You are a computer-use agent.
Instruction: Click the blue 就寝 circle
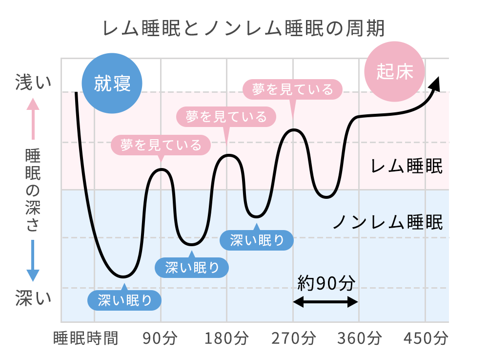(112, 84)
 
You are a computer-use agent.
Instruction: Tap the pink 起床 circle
(395, 72)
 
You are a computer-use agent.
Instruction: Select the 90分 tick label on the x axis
(161, 338)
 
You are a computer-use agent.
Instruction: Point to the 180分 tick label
(227, 338)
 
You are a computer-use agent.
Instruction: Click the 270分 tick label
(293, 338)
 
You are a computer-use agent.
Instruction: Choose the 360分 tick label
(360, 338)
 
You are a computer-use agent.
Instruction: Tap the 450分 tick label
(426, 338)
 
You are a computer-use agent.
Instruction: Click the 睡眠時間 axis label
(85, 338)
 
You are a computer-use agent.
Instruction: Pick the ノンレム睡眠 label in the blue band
(387, 223)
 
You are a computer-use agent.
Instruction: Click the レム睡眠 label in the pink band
(407, 167)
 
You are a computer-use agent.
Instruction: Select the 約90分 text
(325, 282)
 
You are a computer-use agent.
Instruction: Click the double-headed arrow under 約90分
(326, 302)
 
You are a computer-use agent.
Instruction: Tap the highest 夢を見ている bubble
(292, 89)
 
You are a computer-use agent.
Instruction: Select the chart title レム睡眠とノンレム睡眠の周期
(244, 28)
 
